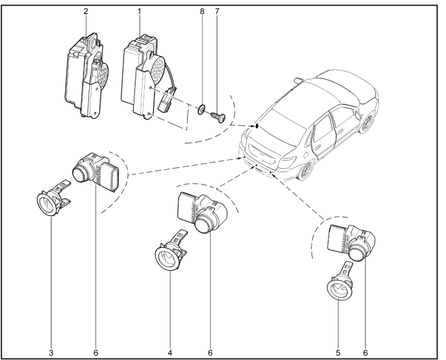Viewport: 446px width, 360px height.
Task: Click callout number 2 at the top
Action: [x=85, y=11]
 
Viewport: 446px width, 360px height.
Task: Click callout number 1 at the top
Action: [x=140, y=11]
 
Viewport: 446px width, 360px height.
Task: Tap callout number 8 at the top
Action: [x=202, y=11]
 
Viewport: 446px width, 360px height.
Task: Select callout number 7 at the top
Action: [x=218, y=11]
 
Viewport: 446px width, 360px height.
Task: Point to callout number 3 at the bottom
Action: [x=50, y=351]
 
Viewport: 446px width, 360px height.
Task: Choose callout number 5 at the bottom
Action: [x=338, y=351]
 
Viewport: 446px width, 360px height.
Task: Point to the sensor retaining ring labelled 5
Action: [x=338, y=286]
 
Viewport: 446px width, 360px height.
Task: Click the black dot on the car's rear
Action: [x=255, y=126]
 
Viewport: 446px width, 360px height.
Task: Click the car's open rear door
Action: [x=321, y=136]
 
